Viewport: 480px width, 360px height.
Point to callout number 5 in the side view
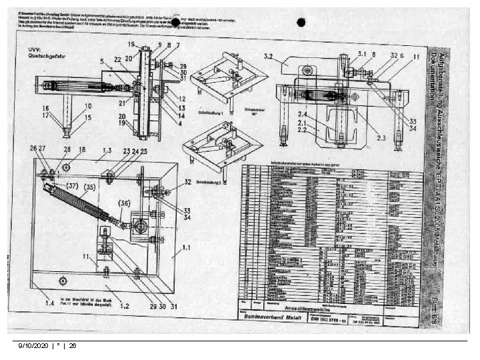[102, 61]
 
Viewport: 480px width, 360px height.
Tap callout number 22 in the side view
[117, 59]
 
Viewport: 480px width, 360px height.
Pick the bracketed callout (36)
[125, 203]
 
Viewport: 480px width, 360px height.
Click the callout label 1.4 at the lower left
[49, 303]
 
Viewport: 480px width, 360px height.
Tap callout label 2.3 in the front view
[381, 137]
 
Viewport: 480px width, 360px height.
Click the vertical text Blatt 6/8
[434, 297]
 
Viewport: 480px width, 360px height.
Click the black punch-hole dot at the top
[301, 21]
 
